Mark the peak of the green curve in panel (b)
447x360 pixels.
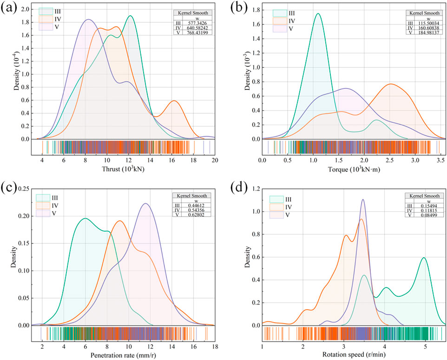(318, 13)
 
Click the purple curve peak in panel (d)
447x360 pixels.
(363, 200)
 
